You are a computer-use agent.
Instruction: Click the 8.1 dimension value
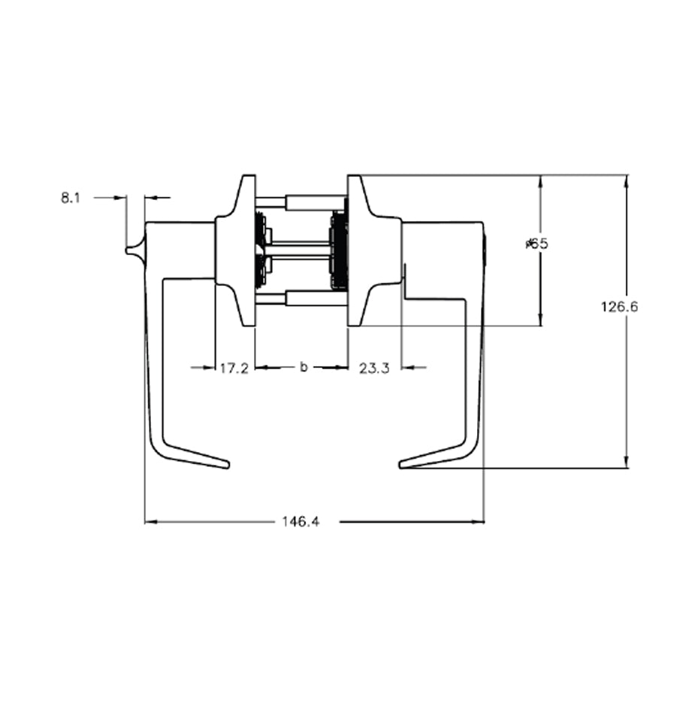(71, 198)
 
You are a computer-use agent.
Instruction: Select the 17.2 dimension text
(234, 368)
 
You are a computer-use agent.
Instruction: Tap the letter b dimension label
(304, 367)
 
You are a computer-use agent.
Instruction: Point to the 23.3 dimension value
(374, 368)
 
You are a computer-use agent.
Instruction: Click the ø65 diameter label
(537, 243)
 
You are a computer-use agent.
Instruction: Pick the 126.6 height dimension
(619, 306)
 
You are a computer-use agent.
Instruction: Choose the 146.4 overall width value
(301, 521)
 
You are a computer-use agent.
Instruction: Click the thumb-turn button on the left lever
(134, 249)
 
